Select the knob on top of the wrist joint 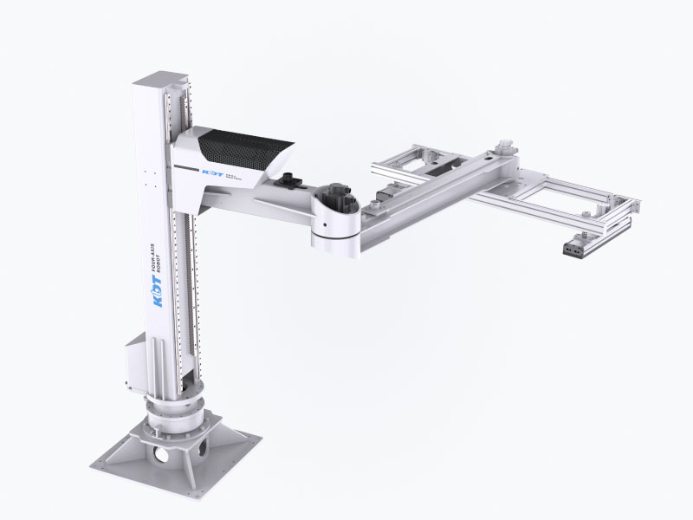(x=500, y=144)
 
